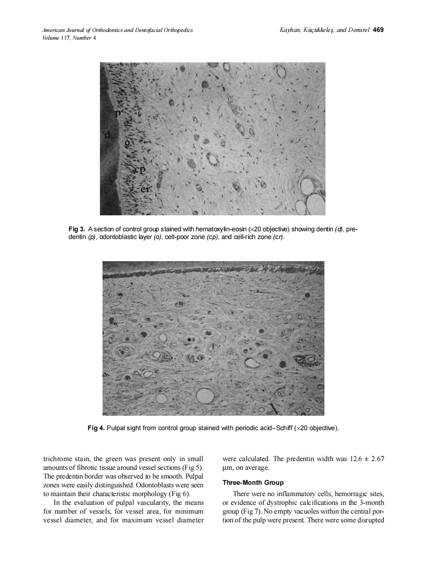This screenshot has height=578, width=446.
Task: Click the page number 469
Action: (x=378, y=30)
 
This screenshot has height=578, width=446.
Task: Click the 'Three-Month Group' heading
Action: (x=252, y=483)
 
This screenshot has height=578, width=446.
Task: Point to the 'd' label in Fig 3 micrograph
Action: (x=107, y=135)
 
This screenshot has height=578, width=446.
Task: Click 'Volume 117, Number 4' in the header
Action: (x=69, y=38)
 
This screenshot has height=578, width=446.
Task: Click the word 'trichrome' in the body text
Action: (x=58, y=458)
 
